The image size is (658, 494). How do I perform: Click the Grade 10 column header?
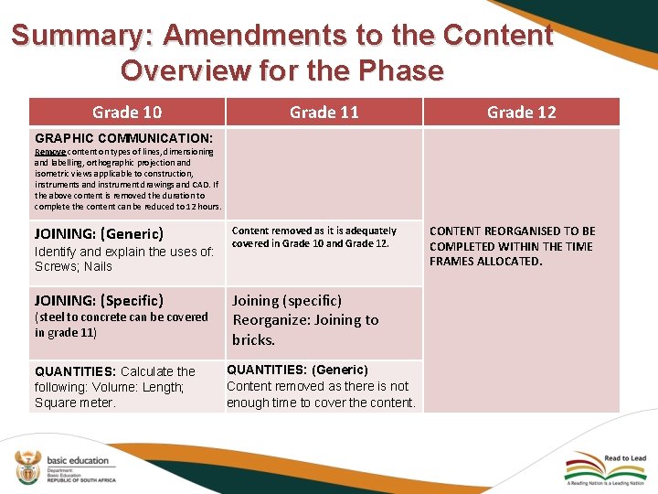point(127,113)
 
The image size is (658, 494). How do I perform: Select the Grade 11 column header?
point(324,113)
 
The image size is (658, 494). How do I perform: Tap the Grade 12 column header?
point(521,113)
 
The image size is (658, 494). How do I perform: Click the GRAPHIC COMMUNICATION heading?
point(123,138)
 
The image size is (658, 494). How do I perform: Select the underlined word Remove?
point(49,152)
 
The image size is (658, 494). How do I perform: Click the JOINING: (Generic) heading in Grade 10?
point(99,233)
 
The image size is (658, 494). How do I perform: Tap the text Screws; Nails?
point(73,266)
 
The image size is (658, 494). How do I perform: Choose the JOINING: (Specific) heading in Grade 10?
point(99,300)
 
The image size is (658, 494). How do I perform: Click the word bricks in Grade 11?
point(253,339)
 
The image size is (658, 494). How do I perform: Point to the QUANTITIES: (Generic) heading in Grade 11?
point(297,370)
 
